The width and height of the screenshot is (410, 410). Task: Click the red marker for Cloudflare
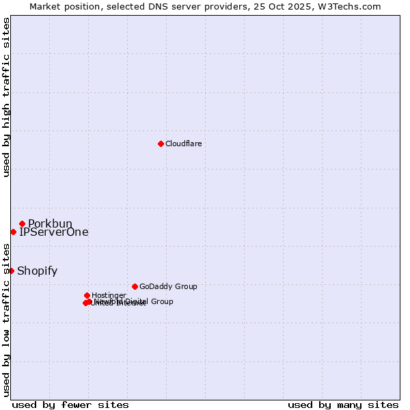click(161, 143)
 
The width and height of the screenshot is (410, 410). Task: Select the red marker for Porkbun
click(22, 223)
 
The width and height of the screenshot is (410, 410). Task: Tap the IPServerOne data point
click(13, 232)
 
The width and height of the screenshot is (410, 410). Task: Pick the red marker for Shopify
click(11, 271)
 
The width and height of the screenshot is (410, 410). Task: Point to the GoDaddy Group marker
click(135, 286)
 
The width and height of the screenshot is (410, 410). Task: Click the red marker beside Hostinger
click(87, 295)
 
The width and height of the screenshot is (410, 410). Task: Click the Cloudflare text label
click(183, 143)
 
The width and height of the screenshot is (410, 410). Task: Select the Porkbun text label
click(50, 223)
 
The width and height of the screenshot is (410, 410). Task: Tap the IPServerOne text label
click(53, 232)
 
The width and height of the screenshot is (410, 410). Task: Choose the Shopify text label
click(37, 271)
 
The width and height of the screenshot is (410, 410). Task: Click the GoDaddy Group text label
click(168, 286)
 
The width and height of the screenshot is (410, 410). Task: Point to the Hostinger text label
click(109, 295)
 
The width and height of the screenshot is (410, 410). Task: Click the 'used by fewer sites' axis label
click(70, 405)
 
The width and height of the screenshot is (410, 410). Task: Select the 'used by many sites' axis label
click(343, 405)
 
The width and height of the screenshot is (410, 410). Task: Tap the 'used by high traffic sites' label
click(7, 97)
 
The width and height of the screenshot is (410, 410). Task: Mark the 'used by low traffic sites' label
click(7, 320)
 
